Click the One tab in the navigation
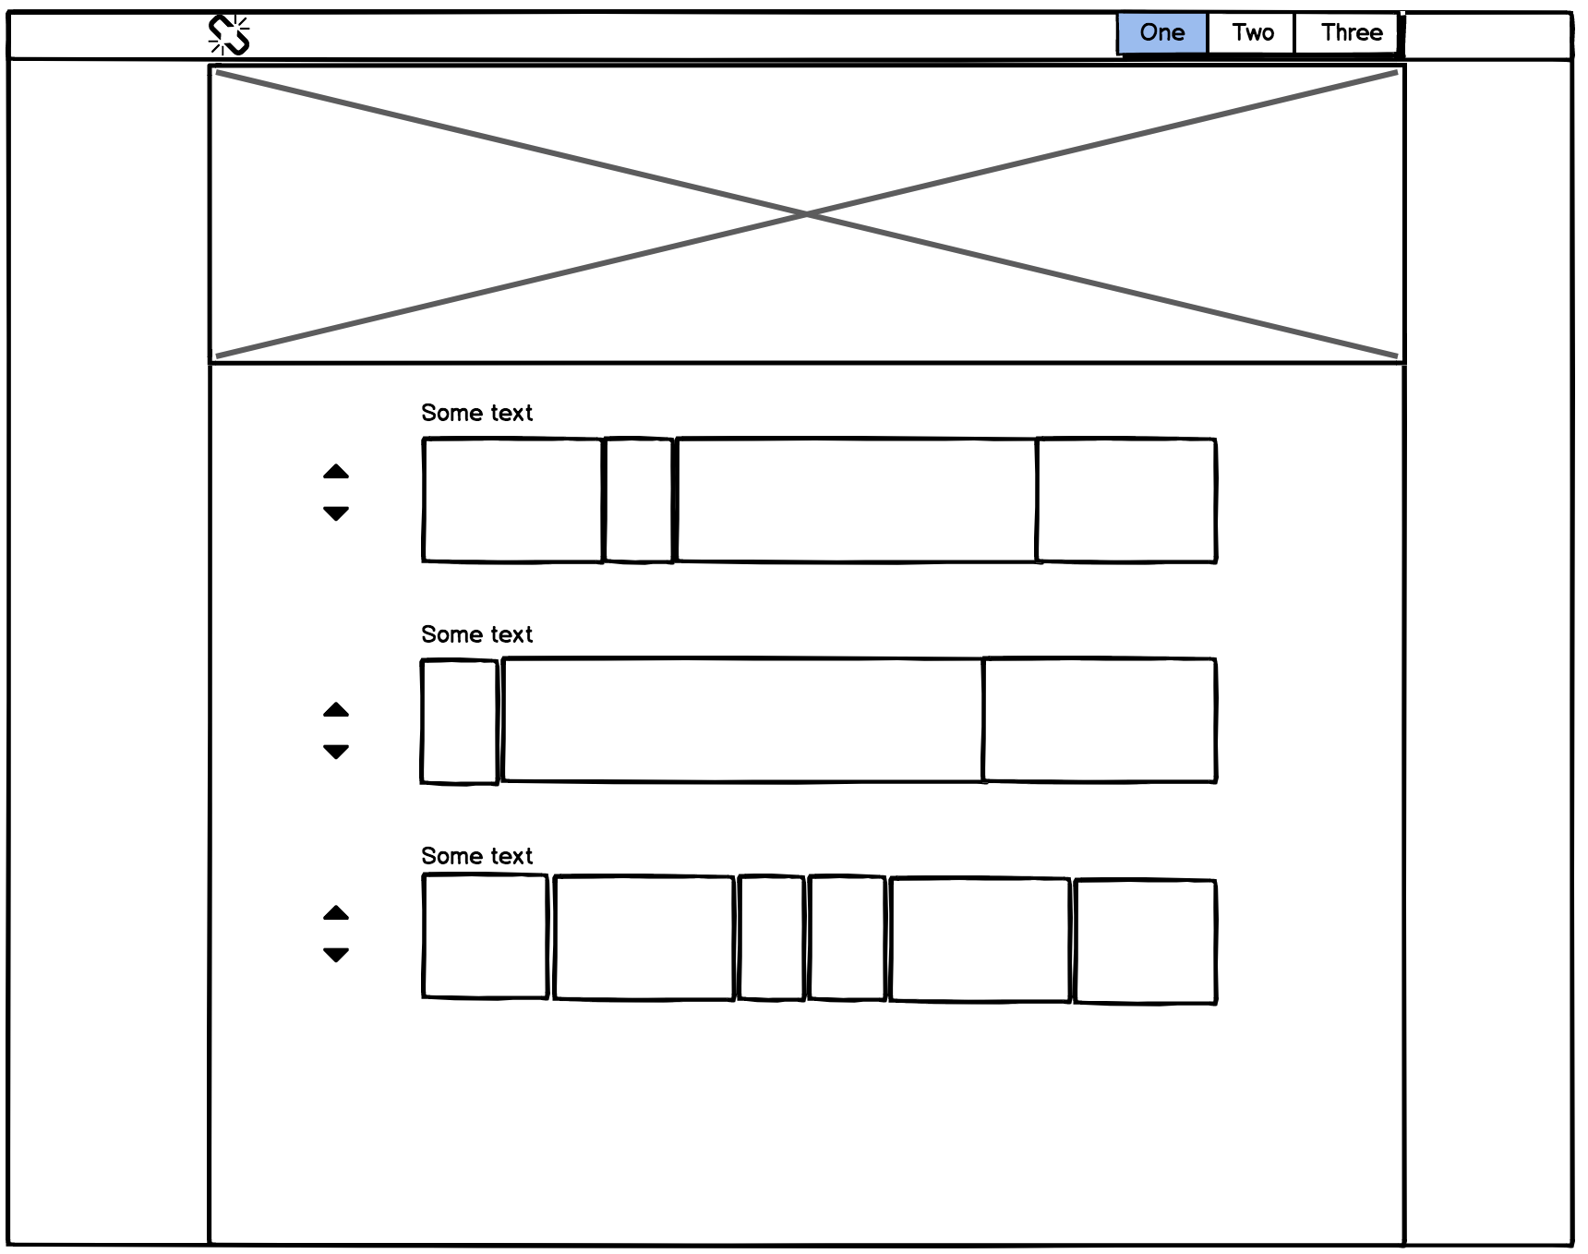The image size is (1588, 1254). pos(1161,33)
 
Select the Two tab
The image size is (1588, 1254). pos(1252,33)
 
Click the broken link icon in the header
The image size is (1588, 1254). pos(229,35)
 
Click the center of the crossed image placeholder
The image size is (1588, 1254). pos(807,214)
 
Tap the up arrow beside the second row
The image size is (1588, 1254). pos(336,710)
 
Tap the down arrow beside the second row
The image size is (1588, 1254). pos(336,752)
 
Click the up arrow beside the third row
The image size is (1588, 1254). pos(336,913)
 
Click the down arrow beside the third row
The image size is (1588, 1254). pos(336,955)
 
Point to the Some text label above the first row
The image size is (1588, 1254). pos(476,413)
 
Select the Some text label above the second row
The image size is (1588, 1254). pos(476,634)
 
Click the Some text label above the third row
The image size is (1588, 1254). pos(476,856)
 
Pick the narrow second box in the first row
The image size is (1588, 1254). pos(639,500)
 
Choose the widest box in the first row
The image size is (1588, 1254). pos(857,500)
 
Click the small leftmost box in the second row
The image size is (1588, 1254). pos(460,722)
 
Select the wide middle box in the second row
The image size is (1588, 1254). pos(743,720)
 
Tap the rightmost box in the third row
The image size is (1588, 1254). pos(1145,941)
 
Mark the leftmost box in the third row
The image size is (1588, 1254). pos(486,936)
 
